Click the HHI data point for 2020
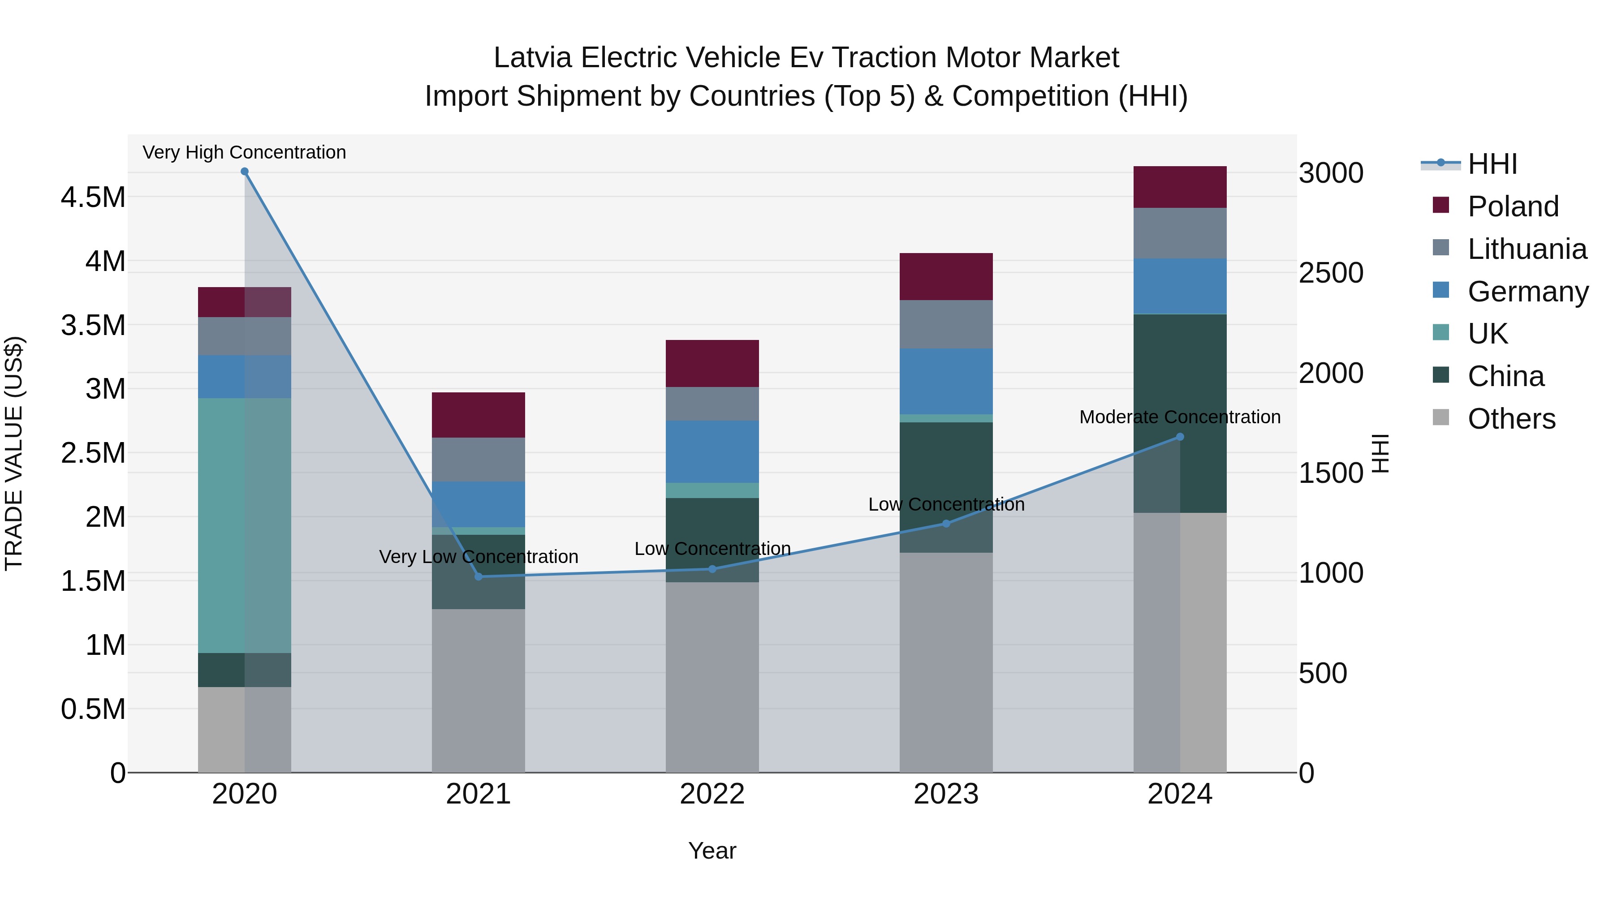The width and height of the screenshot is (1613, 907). (245, 172)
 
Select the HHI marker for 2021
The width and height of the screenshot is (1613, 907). (479, 576)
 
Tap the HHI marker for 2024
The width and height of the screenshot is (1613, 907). (1180, 437)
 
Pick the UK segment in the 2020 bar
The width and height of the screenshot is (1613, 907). (245, 526)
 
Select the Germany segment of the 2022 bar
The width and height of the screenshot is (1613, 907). (712, 451)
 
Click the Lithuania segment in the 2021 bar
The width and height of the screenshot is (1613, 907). (479, 460)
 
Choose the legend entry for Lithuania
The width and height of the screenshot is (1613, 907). (1527, 249)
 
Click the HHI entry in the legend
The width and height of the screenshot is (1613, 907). (1492, 164)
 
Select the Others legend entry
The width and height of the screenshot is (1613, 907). (1511, 419)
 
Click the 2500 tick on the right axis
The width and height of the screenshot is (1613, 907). (1331, 273)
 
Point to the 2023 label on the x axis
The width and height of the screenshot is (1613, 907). (945, 794)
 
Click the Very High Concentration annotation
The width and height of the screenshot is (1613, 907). (244, 152)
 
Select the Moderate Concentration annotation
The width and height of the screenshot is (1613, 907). (1180, 417)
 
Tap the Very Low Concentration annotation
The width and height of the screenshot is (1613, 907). (479, 556)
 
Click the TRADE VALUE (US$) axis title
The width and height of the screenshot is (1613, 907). (14, 453)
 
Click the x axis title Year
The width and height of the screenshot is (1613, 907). (712, 851)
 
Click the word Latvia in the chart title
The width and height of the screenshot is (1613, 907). (532, 58)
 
